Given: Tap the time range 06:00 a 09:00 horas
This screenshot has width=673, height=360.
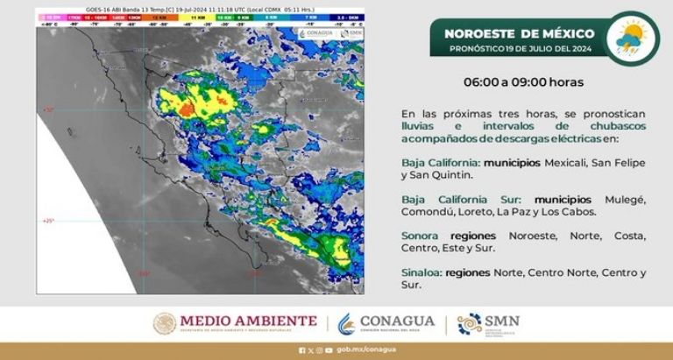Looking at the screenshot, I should point(522,82).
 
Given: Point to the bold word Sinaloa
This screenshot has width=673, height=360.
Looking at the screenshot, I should point(422,272).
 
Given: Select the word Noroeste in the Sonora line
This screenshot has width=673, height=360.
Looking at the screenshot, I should point(528,236).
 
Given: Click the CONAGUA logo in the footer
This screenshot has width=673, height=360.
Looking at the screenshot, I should point(386,323).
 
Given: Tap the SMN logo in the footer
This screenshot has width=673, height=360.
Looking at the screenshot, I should point(488,323).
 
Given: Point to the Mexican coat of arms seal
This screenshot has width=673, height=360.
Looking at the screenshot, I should point(165,323).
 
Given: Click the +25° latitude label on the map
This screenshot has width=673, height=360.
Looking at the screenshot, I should point(47,221).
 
